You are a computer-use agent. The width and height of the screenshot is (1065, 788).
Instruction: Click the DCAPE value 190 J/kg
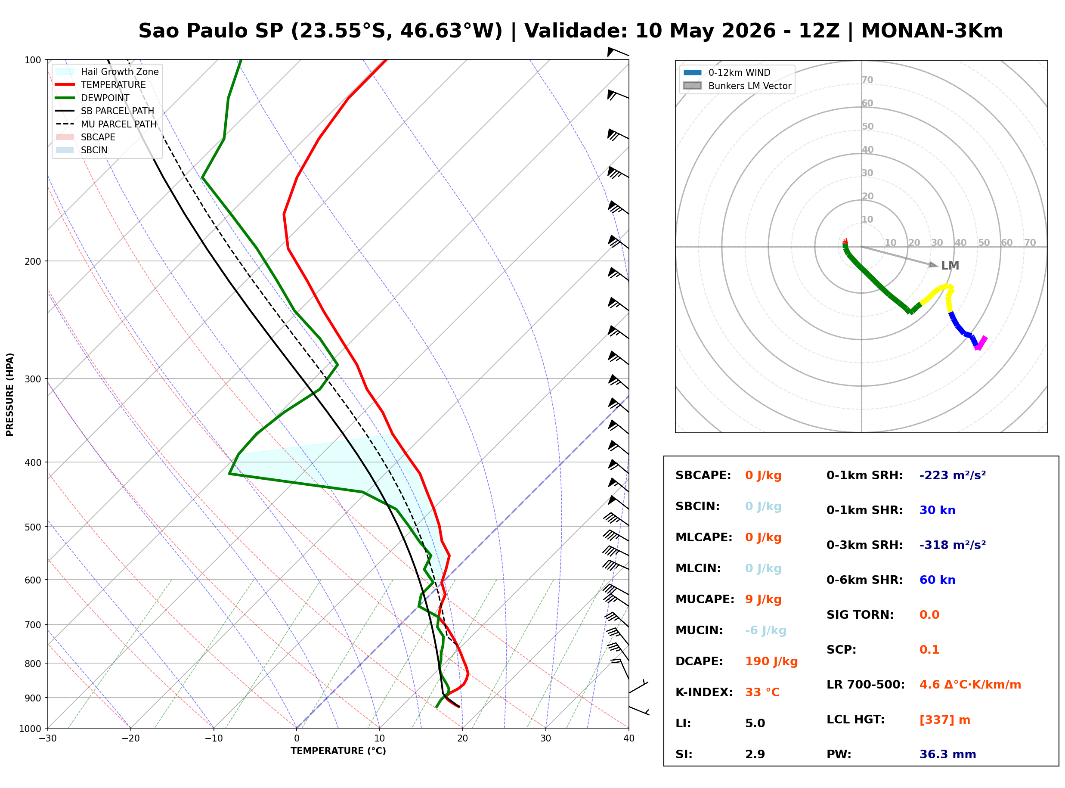tap(771, 661)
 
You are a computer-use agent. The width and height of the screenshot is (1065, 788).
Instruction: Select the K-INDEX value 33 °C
tap(762, 692)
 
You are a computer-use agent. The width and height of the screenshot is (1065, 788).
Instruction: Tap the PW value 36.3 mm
tap(948, 754)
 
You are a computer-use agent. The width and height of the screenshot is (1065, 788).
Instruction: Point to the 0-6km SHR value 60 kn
tap(937, 580)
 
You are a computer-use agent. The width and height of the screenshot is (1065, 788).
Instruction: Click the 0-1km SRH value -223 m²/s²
tap(953, 475)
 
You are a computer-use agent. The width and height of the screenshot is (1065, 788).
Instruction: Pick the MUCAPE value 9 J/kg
tap(763, 599)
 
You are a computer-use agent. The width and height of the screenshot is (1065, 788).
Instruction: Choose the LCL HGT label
tap(855, 720)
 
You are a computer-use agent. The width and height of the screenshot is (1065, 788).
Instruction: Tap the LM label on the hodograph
tap(950, 266)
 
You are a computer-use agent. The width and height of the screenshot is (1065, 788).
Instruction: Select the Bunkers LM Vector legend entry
tap(738, 86)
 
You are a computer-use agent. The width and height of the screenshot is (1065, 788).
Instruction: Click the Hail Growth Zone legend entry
tap(107, 71)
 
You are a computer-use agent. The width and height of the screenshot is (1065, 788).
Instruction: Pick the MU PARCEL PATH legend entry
tap(106, 124)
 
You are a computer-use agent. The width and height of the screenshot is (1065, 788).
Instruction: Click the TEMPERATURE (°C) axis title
tap(338, 751)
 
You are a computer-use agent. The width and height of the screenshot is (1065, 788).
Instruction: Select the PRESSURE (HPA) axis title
tap(10, 394)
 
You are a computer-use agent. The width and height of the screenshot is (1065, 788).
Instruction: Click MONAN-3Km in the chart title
tap(932, 31)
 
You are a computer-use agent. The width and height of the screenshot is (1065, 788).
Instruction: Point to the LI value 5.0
tap(755, 723)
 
